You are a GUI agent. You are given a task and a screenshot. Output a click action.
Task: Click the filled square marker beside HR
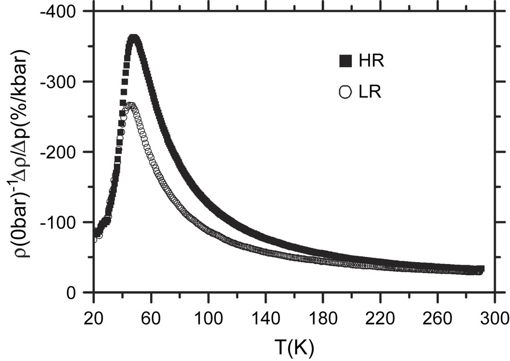(x=345, y=62)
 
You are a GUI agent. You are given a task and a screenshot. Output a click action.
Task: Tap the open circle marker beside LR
(x=345, y=92)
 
